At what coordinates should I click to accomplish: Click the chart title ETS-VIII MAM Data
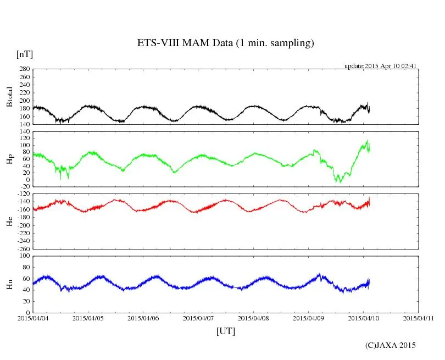coord(225,43)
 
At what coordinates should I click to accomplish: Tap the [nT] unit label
coord(25,54)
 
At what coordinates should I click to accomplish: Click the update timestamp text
coord(381,66)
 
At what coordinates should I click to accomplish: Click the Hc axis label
coord(9,221)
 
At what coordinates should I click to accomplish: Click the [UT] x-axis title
coord(226,331)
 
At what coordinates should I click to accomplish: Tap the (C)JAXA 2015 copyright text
coord(391,345)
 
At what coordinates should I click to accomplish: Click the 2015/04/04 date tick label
coord(33,318)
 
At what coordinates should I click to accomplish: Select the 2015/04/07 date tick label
coord(198,318)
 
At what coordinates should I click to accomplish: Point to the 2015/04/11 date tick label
coord(419,318)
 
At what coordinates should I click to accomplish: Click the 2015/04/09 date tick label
coord(309,318)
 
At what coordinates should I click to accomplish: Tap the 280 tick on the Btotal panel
coord(24,69)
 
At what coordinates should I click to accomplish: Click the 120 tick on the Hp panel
coord(24,133)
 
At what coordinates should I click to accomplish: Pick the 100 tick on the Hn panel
coord(24,256)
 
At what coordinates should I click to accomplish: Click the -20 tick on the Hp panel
coord(24,187)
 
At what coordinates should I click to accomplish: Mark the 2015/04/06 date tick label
coord(143,318)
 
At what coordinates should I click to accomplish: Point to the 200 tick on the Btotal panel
coord(24,101)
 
